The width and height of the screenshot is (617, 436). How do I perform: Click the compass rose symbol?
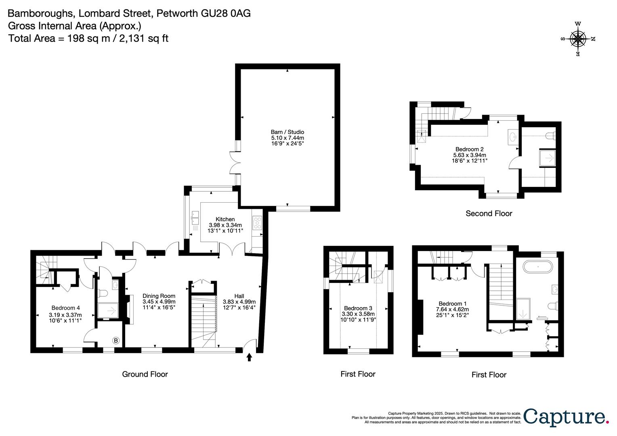(578, 39)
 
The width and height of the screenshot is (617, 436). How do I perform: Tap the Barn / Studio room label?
(287, 132)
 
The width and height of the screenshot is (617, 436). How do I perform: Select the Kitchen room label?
(225, 219)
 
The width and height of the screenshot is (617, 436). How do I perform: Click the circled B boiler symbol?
(116, 341)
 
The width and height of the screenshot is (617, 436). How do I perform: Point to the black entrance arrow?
(249, 357)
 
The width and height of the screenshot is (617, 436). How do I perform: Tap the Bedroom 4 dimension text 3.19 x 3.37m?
(65, 315)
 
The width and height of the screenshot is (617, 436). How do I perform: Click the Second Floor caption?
(489, 214)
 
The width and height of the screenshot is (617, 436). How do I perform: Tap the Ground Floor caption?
(145, 374)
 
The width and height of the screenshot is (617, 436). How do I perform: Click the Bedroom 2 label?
(469, 149)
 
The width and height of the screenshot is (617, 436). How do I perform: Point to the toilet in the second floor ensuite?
(550, 136)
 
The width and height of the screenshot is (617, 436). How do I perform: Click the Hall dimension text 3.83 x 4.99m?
(239, 302)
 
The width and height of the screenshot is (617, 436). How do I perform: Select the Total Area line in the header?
(88, 38)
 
